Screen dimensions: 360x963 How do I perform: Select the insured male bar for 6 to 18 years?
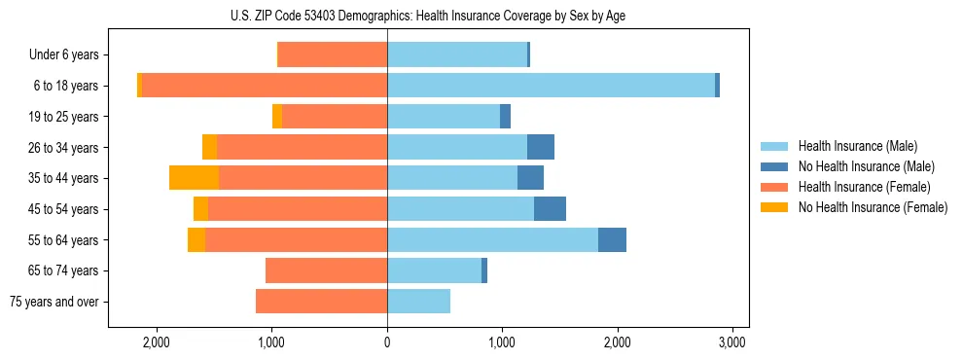click(x=551, y=86)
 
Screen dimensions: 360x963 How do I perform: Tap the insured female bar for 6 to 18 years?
click(x=265, y=86)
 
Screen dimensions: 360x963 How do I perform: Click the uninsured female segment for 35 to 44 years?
click(x=194, y=178)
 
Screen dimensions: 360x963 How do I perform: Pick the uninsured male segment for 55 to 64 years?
click(x=612, y=239)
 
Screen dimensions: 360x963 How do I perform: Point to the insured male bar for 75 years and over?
click(x=418, y=302)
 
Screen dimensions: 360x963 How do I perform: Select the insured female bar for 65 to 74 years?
click(x=326, y=270)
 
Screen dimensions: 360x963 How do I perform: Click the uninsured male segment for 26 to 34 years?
click(x=541, y=147)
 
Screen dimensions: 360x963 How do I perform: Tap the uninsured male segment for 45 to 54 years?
click(x=550, y=209)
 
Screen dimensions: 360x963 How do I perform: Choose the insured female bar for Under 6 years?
click(x=333, y=54)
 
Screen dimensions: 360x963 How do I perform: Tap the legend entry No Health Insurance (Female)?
click(x=873, y=207)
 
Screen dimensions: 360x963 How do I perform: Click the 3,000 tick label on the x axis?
click(x=731, y=342)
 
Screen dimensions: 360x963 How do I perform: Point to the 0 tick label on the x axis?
click(x=387, y=342)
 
